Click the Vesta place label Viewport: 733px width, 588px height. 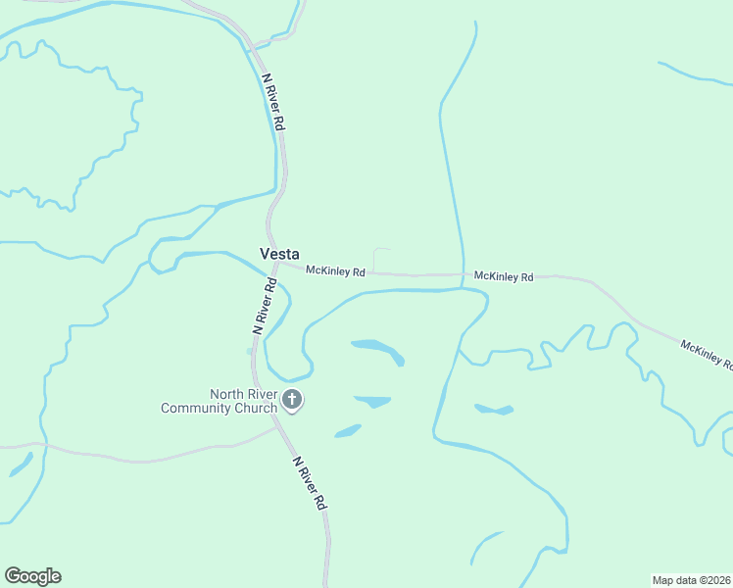279,253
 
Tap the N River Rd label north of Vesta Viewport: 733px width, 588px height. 273,103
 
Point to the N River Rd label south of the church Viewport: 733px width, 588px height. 308,482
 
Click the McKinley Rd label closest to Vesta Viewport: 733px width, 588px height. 335,270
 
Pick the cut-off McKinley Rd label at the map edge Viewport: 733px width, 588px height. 707,354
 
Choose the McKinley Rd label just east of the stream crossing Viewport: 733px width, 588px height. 504,277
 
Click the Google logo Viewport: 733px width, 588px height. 32,576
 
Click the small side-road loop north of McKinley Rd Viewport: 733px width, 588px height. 382,257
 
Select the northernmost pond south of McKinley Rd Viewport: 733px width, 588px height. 377,349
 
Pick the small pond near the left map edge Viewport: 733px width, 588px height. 20,465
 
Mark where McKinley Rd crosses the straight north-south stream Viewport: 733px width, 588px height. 462,275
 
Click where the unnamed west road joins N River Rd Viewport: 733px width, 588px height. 276,426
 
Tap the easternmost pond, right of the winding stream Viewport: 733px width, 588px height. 494,409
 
